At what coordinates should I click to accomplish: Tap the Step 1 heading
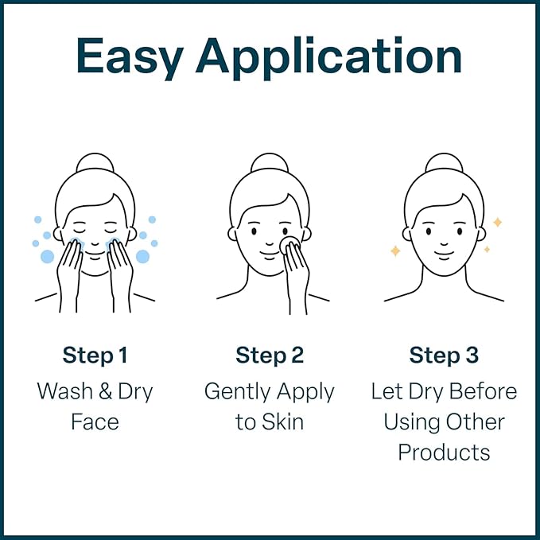point(95,355)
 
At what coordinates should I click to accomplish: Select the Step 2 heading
point(270,355)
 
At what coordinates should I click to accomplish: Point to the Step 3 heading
point(444,355)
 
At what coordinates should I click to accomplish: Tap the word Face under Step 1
point(95,422)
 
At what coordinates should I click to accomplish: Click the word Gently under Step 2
point(235,392)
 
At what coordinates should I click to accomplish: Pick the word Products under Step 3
point(444,452)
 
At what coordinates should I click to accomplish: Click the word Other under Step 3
point(476,422)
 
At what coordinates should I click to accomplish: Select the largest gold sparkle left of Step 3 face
point(395,251)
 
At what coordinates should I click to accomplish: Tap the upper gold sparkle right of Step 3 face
point(497,223)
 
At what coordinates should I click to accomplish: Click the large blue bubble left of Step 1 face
point(48,256)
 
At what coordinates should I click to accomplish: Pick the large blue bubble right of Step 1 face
point(142,256)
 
